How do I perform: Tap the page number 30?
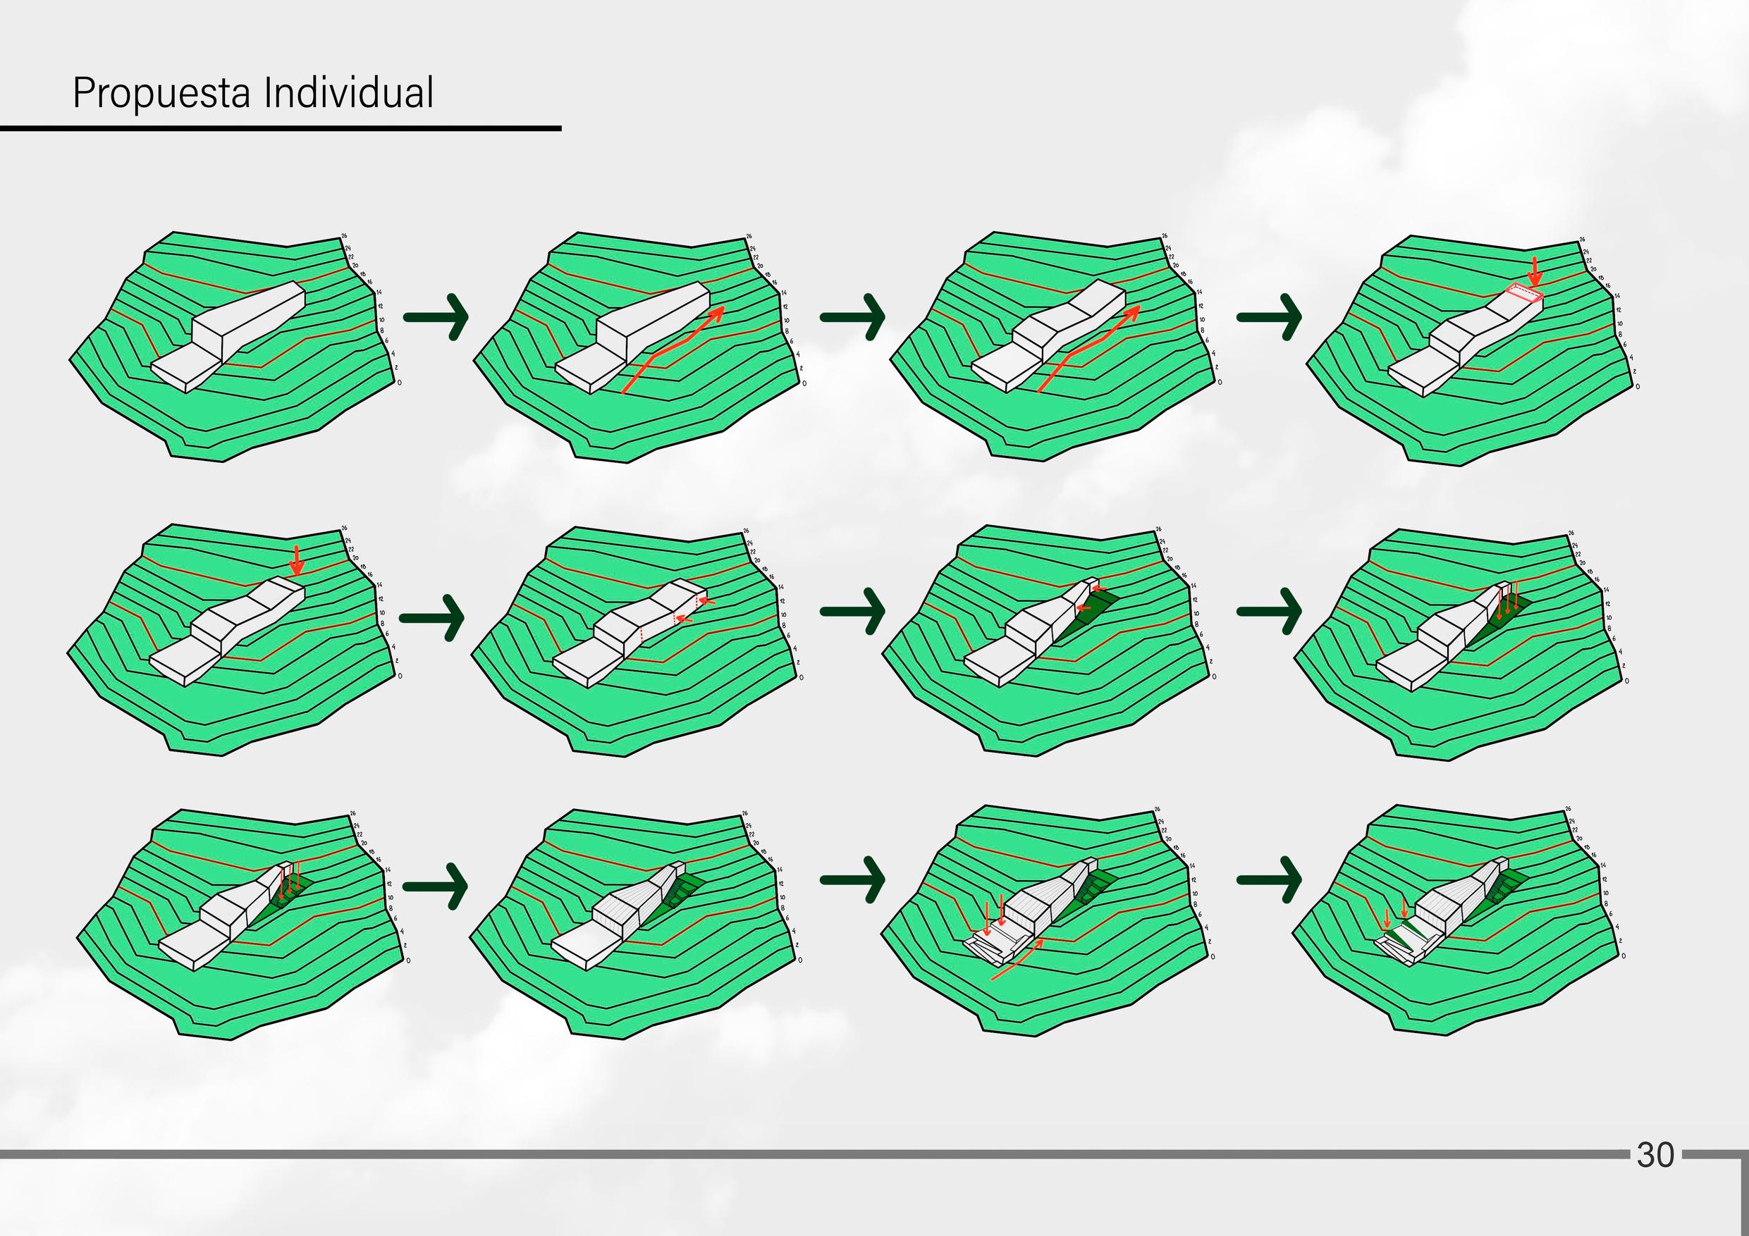(1655, 1154)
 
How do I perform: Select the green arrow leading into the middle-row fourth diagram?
(1268, 612)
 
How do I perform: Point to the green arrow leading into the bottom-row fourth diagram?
(1268, 879)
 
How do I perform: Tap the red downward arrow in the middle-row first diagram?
(297, 560)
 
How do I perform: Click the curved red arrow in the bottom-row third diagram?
(1018, 960)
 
